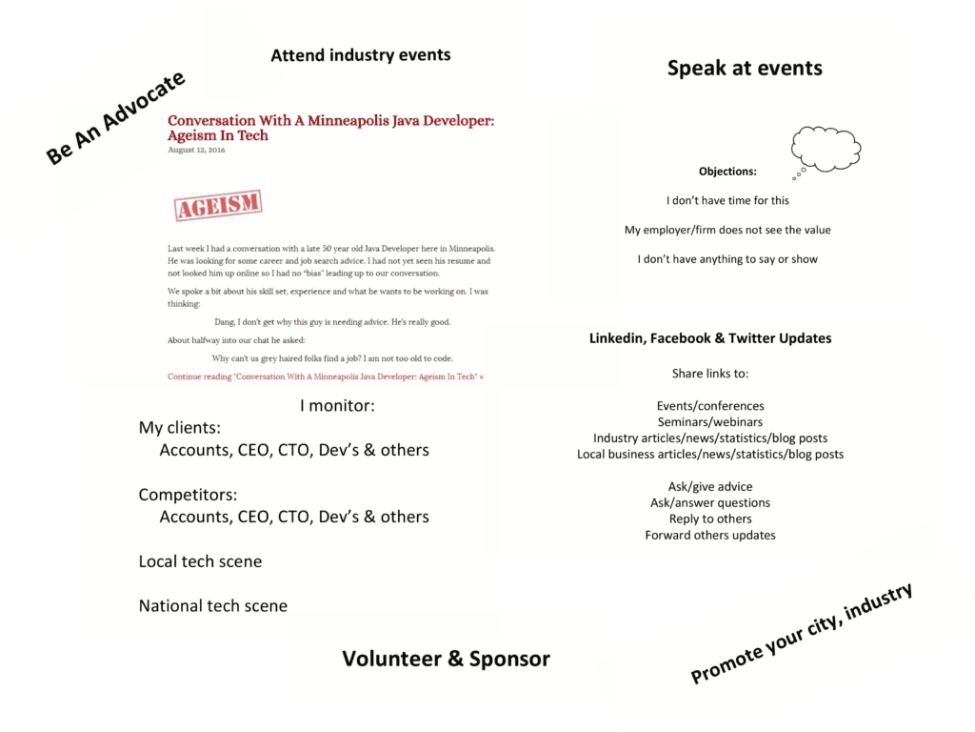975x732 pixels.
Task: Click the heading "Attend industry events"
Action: [x=360, y=55]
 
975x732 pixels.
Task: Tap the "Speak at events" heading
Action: [x=744, y=68]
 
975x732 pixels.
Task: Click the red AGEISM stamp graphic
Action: [x=218, y=205]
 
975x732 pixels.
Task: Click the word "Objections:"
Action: [x=727, y=172]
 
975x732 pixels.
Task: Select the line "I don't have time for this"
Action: [x=727, y=200]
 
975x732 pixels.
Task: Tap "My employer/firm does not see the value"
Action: [x=727, y=230]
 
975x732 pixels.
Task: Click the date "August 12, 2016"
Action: [x=193, y=150]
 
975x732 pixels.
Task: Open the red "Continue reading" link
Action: [x=325, y=376]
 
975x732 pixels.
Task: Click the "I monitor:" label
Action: [x=337, y=406]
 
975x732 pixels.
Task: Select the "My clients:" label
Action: [x=179, y=428]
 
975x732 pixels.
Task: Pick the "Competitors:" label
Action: [x=188, y=495]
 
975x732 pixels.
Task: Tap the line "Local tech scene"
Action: [x=200, y=561]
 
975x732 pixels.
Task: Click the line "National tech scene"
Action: [x=212, y=605]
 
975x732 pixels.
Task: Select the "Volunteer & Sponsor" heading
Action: [x=446, y=659]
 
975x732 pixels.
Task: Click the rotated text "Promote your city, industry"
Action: [x=801, y=633]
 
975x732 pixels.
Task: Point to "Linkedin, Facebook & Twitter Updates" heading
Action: [x=709, y=338]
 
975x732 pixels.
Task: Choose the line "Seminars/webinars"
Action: [x=709, y=422]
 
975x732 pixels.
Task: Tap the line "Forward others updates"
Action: [x=709, y=535]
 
